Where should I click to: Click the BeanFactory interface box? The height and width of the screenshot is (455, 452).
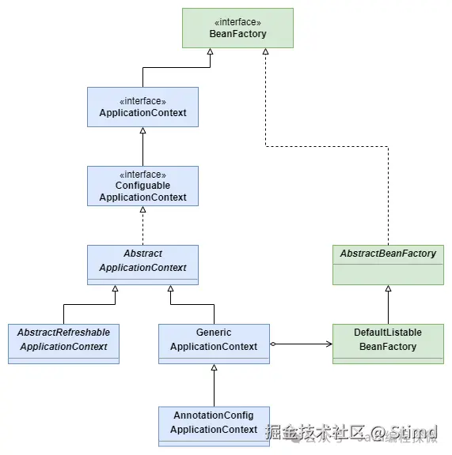coord(237,28)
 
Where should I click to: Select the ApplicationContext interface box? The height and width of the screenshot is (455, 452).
coord(142,107)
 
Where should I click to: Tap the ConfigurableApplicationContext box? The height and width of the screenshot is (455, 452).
coord(142,186)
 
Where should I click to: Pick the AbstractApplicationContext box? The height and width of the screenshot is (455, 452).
coord(142,265)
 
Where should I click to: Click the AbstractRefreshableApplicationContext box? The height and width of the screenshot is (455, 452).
coord(63,344)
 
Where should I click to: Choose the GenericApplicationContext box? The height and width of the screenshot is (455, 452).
coord(214,344)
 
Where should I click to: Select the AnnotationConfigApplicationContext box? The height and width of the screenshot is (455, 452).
coord(214,427)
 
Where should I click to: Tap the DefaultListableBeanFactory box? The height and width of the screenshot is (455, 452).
coord(388,344)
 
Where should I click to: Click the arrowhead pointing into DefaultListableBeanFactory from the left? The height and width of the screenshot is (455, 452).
coord(328,344)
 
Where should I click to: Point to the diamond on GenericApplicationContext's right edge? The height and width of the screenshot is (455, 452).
coord(273,344)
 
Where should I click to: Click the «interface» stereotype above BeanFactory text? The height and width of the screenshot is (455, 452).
coord(237,22)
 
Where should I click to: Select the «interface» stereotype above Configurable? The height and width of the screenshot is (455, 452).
coord(142,174)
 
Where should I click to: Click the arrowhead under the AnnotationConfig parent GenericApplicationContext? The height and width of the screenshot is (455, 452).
coord(214,368)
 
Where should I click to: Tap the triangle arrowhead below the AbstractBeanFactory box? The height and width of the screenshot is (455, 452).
coord(388,289)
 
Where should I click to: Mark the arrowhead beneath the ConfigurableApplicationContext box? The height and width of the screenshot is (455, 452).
coord(142,210)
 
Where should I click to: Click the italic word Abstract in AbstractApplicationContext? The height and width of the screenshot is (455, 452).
coord(142,254)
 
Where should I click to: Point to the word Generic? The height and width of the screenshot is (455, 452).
coord(214,333)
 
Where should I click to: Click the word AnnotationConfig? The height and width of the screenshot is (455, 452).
coord(214,416)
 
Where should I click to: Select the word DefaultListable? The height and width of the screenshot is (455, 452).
coord(388,333)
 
